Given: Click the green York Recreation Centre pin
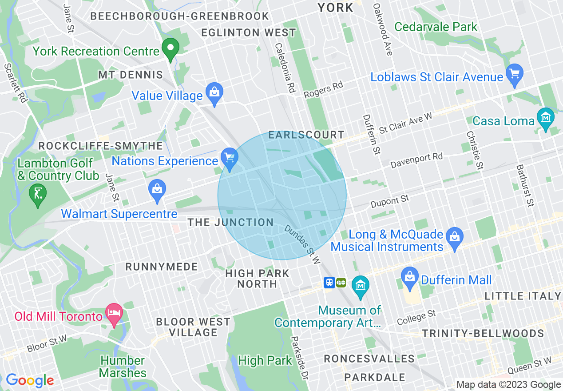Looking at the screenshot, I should click(170, 49).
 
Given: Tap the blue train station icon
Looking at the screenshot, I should click(329, 283).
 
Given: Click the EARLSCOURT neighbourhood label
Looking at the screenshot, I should click(306, 135).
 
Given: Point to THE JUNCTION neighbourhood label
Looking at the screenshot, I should click(230, 223).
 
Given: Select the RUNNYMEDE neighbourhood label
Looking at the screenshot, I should click(161, 267).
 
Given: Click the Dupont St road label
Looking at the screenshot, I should click(390, 201).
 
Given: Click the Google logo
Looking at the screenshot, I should click(29, 380).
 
